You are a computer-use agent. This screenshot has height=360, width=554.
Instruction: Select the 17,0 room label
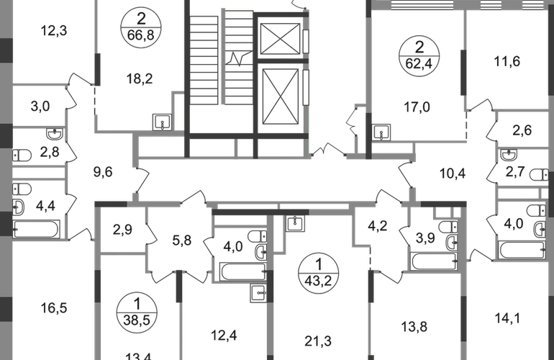point(418,108)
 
